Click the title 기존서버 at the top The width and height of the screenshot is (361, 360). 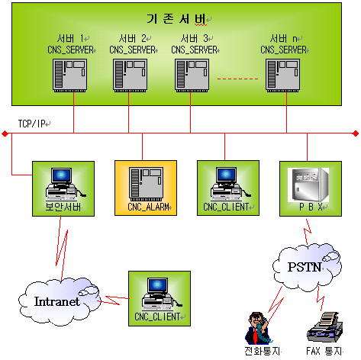(x=176, y=18)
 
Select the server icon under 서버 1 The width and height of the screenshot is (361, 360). (x=69, y=76)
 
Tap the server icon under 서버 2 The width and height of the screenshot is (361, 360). (x=130, y=76)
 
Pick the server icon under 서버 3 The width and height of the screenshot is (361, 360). (x=192, y=76)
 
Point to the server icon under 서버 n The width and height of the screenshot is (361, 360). (x=282, y=76)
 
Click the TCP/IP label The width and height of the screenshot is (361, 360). (x=31, y=124)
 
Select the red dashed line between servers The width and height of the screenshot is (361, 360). (x=237, y=79)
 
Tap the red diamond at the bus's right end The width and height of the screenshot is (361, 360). (x=356, y=133)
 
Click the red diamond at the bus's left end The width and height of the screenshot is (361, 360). (x=5, y=133)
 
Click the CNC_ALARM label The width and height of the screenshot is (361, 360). (x=148, y=207)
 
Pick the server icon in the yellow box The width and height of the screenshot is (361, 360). (x=146, y=184)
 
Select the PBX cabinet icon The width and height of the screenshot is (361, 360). (x=308, y=185)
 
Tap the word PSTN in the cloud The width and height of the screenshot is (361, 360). (x=305, y=267)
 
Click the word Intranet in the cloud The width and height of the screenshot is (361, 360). (x=57, y=301)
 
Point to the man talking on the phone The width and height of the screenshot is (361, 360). (x=257, y=328)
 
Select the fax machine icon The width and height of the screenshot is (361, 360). (x=325, y=327)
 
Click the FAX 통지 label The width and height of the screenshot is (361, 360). (x=324, y=351)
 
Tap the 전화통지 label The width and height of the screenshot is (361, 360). (x=262, y=351)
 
